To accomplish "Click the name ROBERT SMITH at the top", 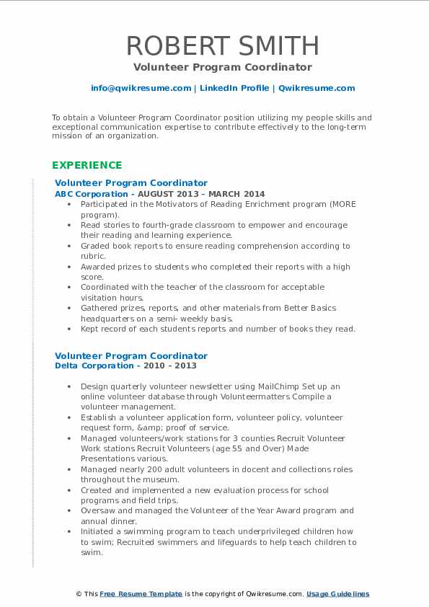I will (223, 45).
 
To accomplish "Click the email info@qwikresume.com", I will (141, 88).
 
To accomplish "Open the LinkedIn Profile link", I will (234, 88).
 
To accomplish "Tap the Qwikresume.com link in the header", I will (317, 88).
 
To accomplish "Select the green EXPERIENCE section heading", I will (87, 165).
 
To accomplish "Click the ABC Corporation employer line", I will (159, 194).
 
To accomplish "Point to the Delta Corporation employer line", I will (126, 365).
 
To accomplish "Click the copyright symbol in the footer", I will (79, 594).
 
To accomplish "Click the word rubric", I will (92, 256).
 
